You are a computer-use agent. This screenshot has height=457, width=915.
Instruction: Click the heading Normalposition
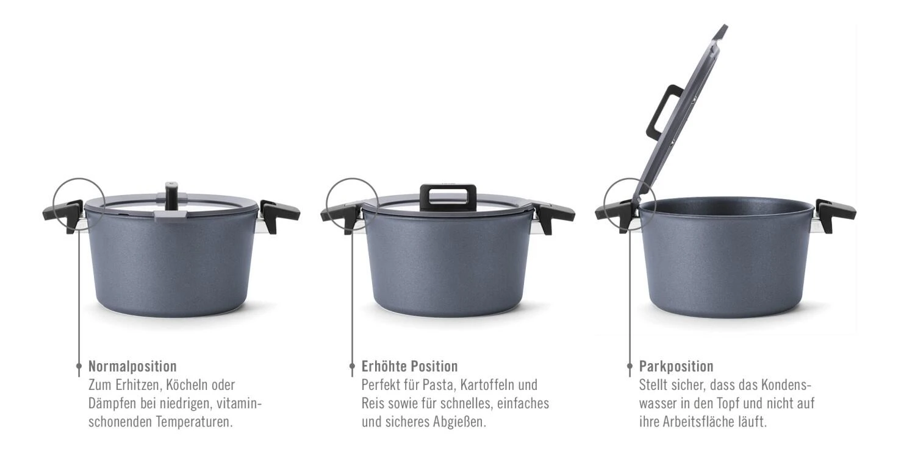[132, 366]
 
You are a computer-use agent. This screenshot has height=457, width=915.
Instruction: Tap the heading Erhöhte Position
[409, 366]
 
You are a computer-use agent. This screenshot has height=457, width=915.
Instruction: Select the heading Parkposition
[676, 366]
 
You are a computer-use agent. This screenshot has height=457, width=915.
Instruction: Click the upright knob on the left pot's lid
[171, 196]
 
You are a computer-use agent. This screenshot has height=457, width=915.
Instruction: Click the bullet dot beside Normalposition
[79, 366]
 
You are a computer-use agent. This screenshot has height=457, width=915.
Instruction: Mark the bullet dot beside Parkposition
[630, 366]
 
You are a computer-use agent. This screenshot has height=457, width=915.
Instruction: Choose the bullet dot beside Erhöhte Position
[352, 366]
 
